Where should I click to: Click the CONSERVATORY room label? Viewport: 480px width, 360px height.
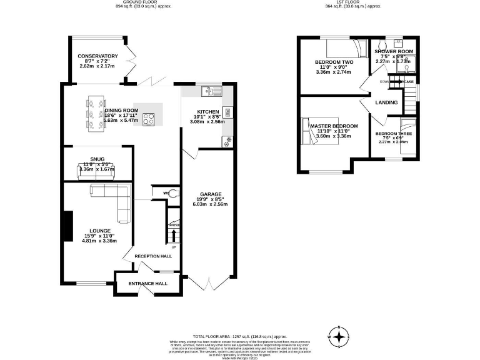click(x=98, y=56)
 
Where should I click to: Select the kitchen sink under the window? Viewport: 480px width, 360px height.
click(x=207, y=92)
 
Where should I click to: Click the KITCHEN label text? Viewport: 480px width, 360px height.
click(x=207, y=111)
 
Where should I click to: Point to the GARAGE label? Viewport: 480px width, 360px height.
click(x=211, y=194)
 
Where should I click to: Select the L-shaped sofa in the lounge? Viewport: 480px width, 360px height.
click(x=113, y=200)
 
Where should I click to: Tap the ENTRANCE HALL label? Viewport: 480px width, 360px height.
click(x=148, y=283)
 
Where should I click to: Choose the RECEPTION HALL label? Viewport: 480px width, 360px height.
click(x=153, y=256)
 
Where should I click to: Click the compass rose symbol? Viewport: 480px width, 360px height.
click(x=339, y=337)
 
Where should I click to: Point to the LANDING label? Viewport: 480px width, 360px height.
click(x=387, y=102)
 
